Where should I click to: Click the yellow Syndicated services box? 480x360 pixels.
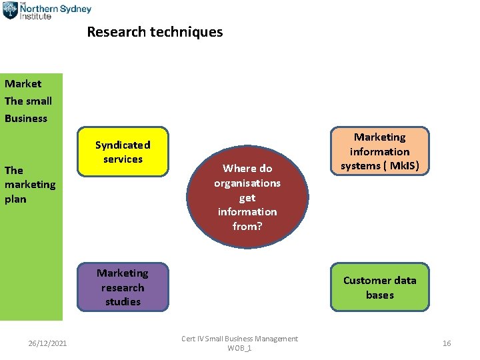(123, 152)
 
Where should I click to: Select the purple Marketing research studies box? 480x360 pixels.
(123, 287)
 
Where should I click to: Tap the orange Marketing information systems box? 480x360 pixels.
(380, 152)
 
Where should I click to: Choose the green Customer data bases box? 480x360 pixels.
(380, 287)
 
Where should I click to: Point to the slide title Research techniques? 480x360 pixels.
(155, 32)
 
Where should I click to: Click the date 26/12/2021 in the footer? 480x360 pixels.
(47, 343)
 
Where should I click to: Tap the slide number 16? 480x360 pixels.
(447, 343)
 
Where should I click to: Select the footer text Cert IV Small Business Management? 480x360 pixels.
(239, 339)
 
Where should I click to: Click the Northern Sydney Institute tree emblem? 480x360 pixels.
(9, 10)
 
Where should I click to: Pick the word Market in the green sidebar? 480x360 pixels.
(23, 84)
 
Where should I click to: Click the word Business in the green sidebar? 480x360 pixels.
(26, 119)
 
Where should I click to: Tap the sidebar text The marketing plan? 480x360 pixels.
(30, 185)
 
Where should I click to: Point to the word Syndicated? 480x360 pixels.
(123, 145)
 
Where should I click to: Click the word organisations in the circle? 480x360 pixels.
(247, 183)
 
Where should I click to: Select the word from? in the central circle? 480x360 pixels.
(247, 227)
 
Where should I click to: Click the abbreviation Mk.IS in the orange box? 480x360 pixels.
(403, 166)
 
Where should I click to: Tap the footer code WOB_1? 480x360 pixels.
(239, 349)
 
